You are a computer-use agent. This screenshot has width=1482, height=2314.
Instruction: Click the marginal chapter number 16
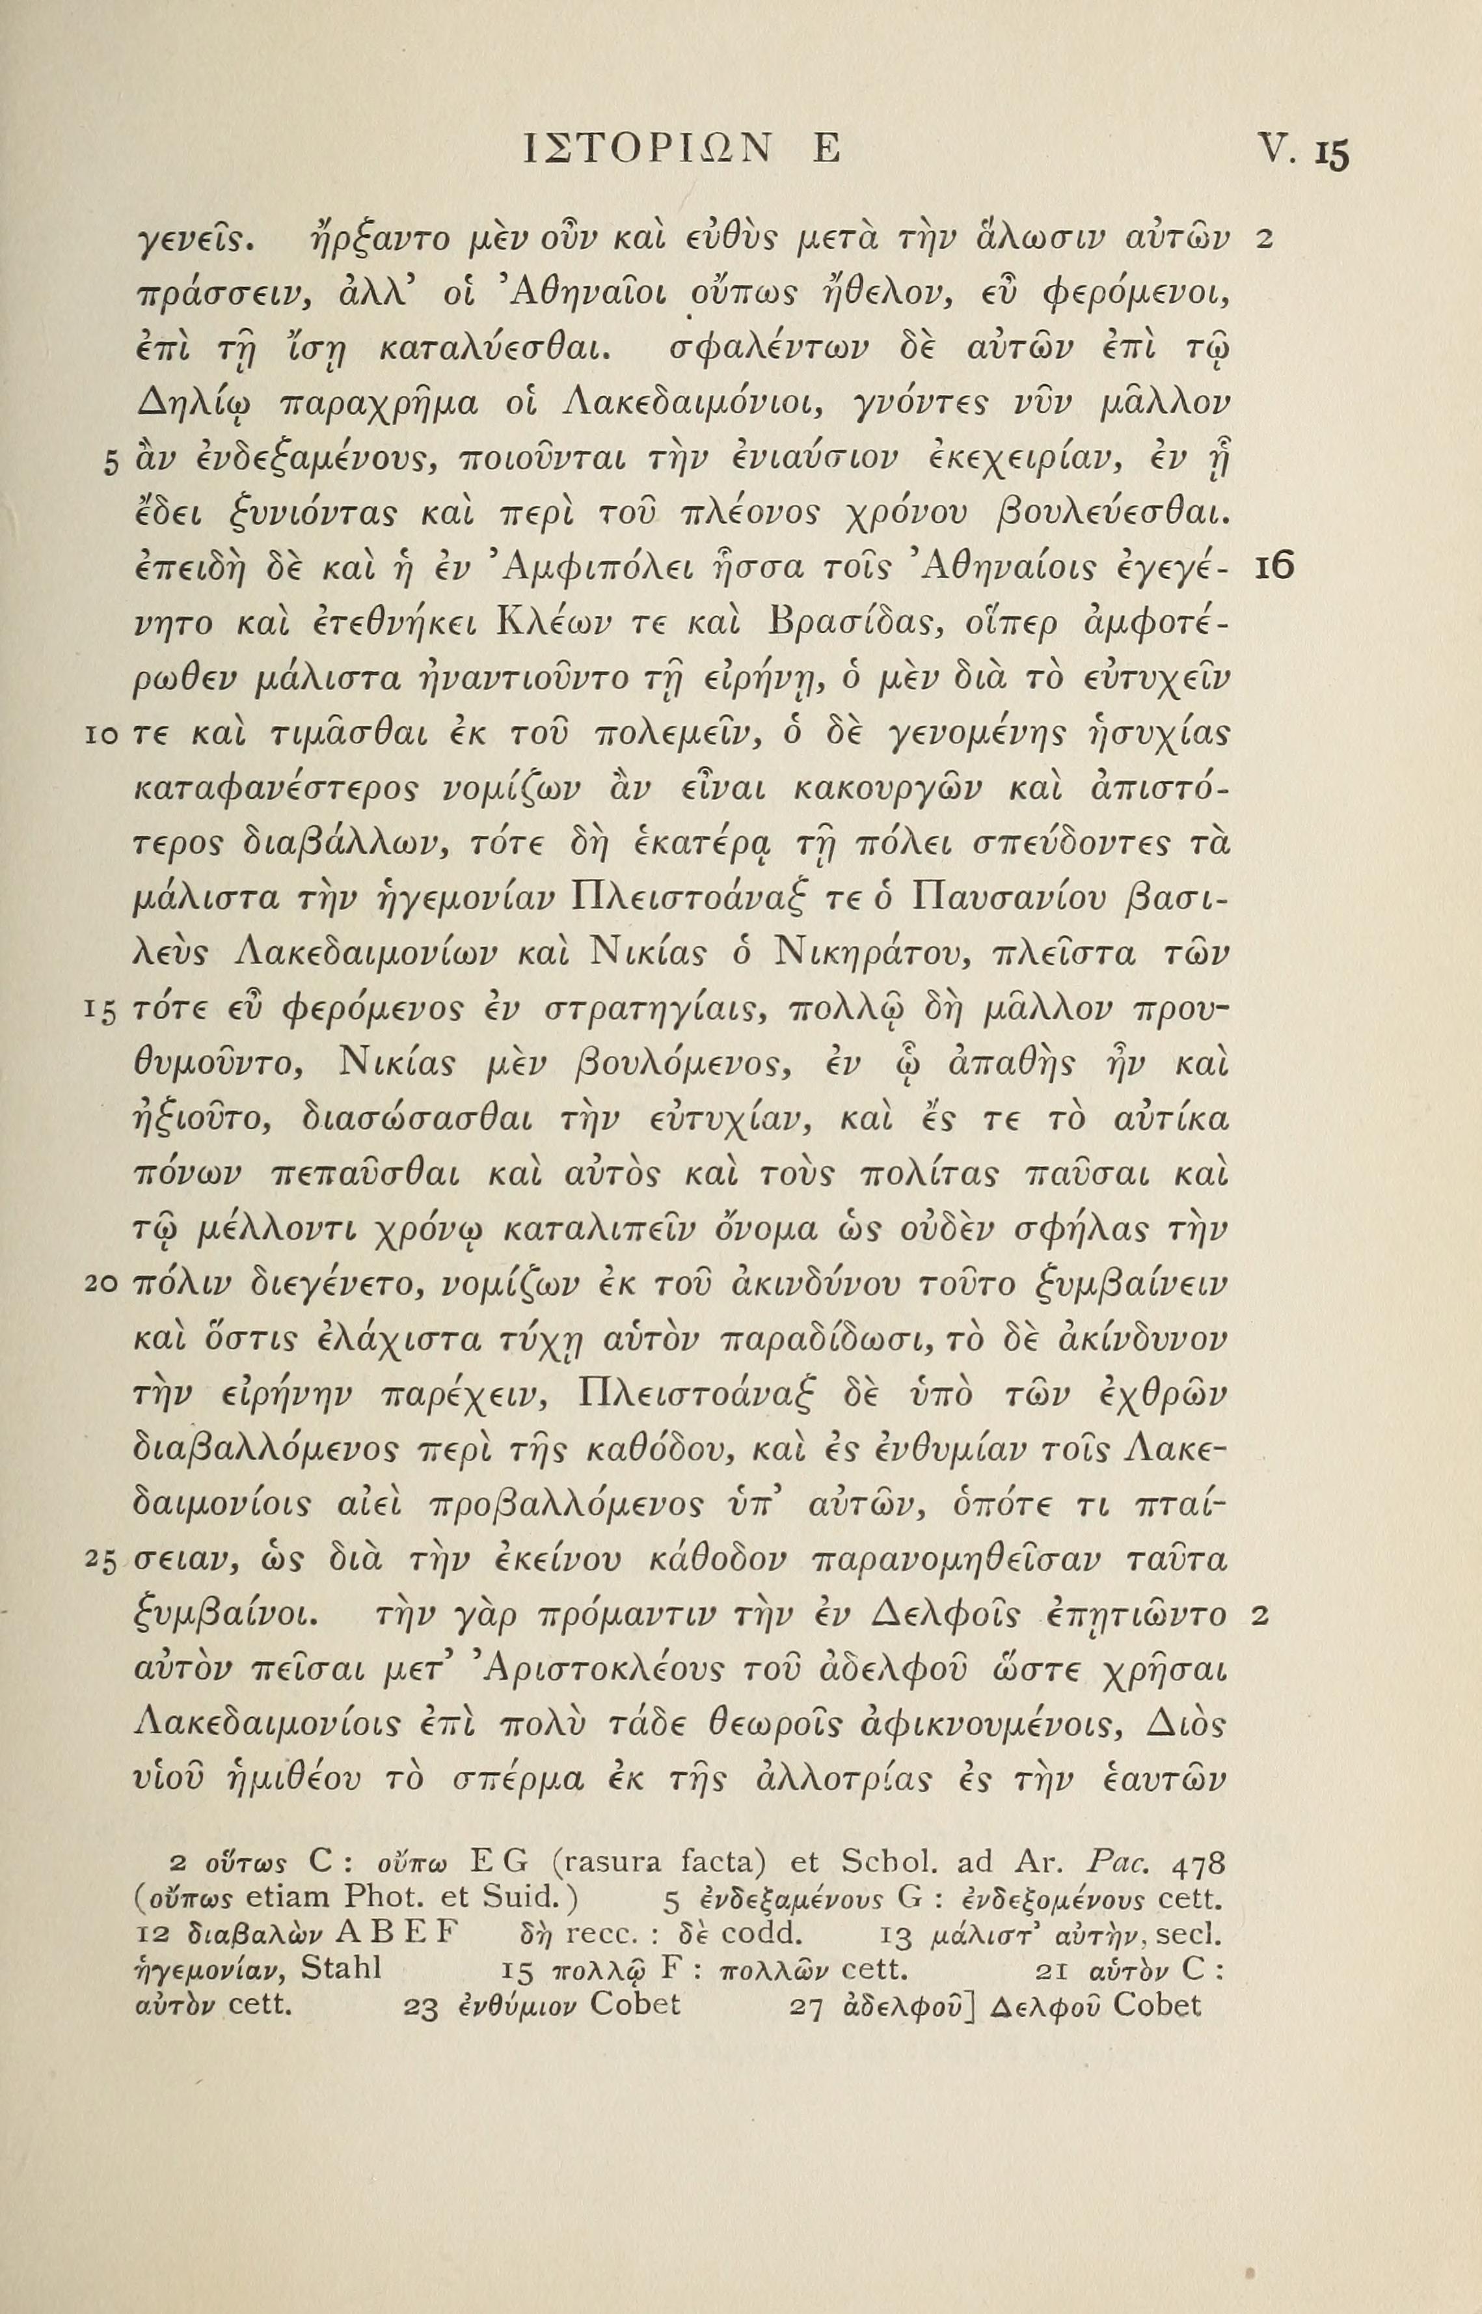[x=1276, y=567]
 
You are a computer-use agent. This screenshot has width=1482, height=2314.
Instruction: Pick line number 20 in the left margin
[x=100, y=1285]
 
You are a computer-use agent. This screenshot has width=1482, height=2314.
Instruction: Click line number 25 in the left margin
[x=100, y=1558]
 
